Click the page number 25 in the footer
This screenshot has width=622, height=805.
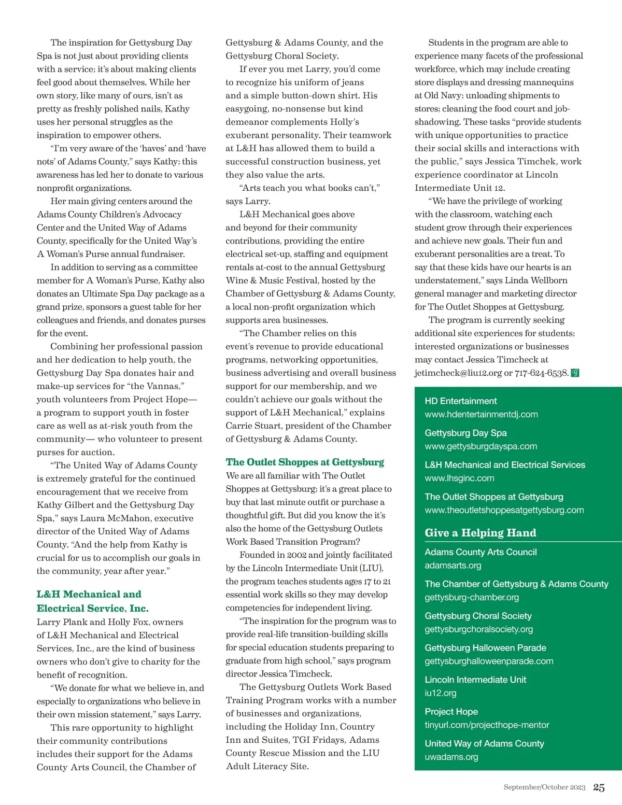[599, 787]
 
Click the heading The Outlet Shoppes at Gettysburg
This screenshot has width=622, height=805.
[305, 462]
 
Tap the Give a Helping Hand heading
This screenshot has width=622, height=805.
[480, 533]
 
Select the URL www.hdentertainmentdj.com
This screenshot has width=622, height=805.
[481, 414]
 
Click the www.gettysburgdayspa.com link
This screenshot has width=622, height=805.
[480, 446]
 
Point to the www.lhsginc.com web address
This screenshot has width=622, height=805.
[459, 478]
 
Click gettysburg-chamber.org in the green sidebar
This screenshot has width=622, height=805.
[472, 597]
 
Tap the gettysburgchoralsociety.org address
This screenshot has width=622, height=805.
[478, 629]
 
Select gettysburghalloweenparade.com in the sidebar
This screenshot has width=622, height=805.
[489, 661]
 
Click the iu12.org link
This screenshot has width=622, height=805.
[441, 693]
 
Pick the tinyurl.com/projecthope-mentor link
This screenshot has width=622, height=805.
[487, 725]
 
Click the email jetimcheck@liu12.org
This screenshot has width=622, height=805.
[458, 373]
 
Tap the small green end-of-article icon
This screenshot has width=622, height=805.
[575, 373]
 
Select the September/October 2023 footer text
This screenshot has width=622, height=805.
[544, 787]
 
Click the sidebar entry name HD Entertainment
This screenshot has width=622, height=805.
[460, 401]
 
